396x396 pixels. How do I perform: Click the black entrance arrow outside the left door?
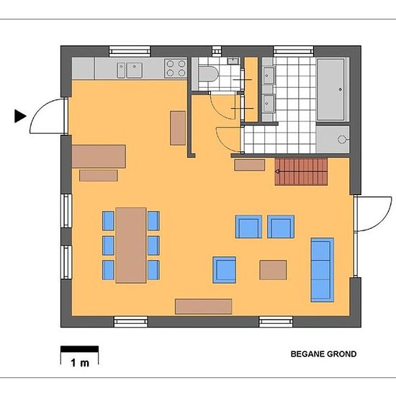[20, 116]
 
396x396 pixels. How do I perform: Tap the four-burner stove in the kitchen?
[176, 68]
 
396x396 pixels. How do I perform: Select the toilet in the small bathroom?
[208, 73]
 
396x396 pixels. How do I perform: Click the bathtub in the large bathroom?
[330, 89]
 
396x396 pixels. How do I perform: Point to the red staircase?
[301, 172]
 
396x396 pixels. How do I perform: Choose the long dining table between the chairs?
[131, 246]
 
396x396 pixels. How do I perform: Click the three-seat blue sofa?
[323, 270]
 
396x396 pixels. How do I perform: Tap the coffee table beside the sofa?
[273, 270]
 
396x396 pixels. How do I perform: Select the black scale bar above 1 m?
[79, 349]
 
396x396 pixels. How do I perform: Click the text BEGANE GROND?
[323, 354]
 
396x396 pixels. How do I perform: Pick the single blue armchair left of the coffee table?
[224, 270]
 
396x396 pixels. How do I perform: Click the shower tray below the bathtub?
[333, 140]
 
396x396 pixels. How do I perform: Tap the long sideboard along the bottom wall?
[204, 307]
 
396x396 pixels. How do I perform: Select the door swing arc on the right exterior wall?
[379, 215]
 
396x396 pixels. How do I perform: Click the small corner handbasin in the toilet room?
[233, 60]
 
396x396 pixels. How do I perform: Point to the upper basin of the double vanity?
[269, 76]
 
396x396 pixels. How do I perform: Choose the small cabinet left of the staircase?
[250, 165]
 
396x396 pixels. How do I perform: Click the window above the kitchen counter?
[130, 51]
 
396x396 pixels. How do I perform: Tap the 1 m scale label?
[80, 363]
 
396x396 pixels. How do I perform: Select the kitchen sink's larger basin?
[135, 71]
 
